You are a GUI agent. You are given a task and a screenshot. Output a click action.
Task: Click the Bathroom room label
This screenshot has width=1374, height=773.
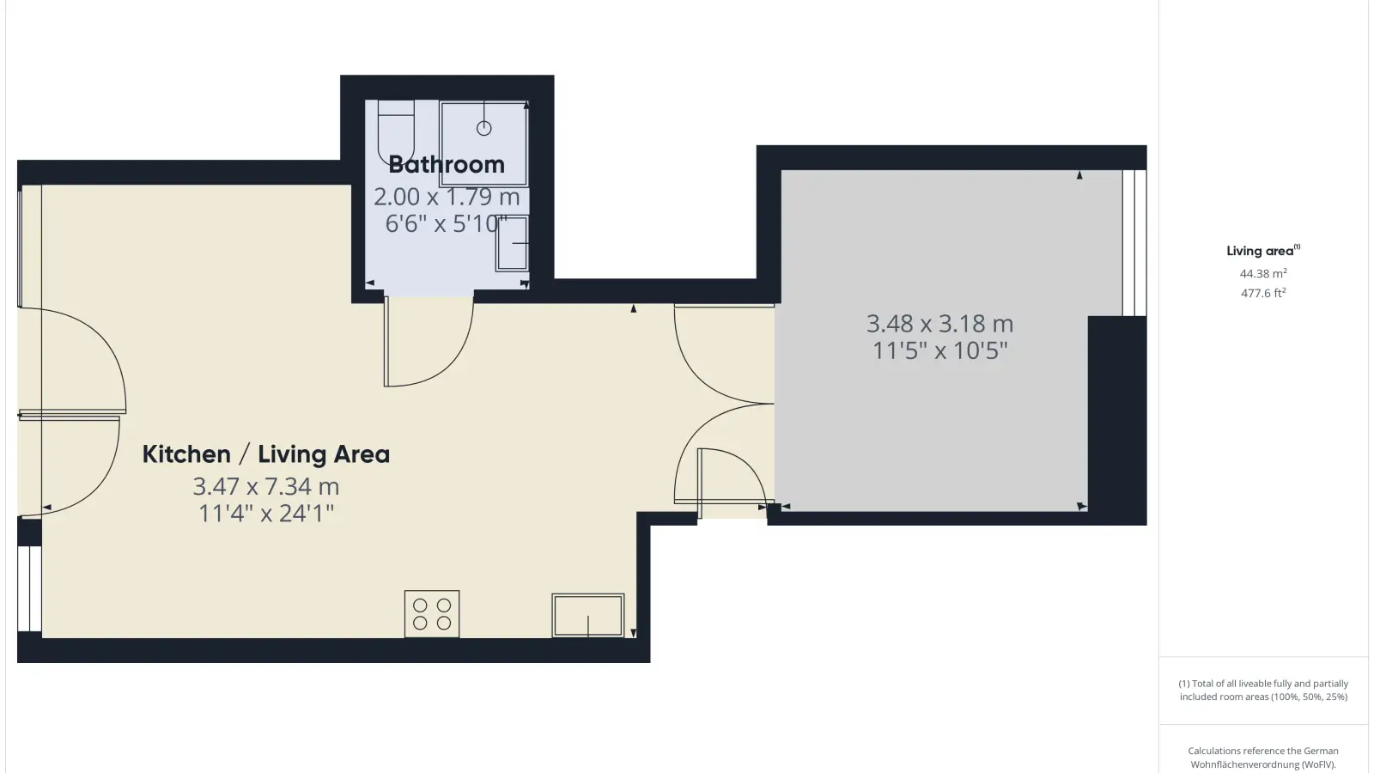tap(447, 164)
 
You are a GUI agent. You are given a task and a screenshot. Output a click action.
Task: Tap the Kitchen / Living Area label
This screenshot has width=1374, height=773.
tap(266, 454)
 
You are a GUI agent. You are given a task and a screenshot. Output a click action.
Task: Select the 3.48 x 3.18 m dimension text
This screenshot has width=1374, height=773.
tap(939, 323)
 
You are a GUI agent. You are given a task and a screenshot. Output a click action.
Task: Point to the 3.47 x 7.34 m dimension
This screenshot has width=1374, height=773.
tap(266, 486)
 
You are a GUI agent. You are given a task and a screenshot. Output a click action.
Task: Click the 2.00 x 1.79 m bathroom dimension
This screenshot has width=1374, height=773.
tap(447, 197)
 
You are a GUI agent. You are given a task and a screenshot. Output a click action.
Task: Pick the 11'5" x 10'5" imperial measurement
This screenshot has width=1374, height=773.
tap(939, 351)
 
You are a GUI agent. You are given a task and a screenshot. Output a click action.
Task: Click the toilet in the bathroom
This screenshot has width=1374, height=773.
tap(396, 133)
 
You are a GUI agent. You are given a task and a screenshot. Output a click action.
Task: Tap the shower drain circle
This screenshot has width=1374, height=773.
tap(484, 128)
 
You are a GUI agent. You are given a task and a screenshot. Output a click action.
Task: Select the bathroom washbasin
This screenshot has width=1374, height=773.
tap(512, 244)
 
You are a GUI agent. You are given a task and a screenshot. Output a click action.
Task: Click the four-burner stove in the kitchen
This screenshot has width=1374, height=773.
tap(432, 614)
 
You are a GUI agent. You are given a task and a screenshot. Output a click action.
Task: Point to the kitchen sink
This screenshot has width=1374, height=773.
tap(588, 615)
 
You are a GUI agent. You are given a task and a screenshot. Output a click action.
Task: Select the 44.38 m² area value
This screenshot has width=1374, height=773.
tap(1263, 274)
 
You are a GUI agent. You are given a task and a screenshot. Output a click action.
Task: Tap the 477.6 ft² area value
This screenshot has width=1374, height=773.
tap(1263, 293)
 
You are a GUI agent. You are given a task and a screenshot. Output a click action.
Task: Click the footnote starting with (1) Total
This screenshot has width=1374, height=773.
tap(1263, 691)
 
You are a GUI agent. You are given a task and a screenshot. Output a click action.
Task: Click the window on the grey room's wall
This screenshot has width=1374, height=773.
tap(1134, 243)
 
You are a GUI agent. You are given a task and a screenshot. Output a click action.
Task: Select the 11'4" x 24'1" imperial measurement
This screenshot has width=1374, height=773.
tap(266, 514)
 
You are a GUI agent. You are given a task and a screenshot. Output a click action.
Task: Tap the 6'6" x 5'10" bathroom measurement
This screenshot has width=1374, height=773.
tap(447, 224)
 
